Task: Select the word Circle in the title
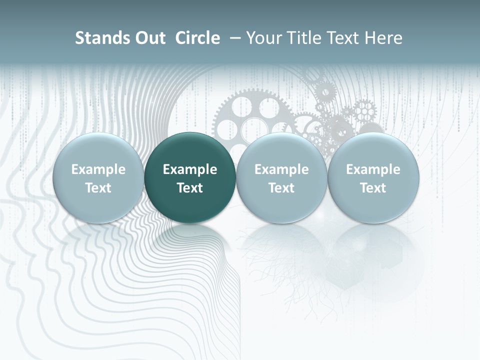coord(197,38)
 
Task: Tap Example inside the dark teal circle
coord(190,169)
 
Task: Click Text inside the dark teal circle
coord(190,188)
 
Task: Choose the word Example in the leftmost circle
coord(98,169)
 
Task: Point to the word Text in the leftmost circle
coord(98,188)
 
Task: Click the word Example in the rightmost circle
coord(373,169)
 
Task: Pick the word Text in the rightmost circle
coord(373,188)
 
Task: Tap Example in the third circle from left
coord(281,169)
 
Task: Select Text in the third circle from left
coord(281,188)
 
